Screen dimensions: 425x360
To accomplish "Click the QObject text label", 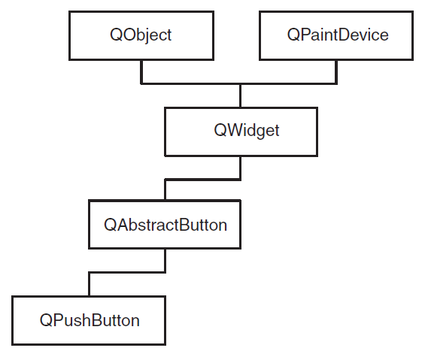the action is point(141,35).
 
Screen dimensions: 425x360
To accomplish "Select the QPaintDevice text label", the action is point(338,35).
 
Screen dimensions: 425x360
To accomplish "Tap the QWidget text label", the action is point(247,131).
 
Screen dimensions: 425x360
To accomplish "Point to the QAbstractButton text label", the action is point(165,225).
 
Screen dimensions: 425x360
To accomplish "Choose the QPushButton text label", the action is point(90,320).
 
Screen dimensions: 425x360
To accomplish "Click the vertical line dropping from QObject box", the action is point(141,72).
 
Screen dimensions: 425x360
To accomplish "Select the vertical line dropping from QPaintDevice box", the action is point(336,72).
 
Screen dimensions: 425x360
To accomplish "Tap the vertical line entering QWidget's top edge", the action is point(240,96).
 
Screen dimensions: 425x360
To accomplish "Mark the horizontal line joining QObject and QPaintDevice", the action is point(238,83).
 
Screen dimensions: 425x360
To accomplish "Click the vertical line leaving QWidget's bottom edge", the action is point(240,168).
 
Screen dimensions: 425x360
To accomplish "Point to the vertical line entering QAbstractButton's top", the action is point(165,190).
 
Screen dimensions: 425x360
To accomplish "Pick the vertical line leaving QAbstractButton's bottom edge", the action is point(165,260).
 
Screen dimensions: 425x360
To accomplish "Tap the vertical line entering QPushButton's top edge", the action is point(89,284).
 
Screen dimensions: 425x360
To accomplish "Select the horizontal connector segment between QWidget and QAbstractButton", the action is point(203,180).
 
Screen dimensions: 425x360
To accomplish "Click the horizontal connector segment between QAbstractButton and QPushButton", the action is point(127,272).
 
